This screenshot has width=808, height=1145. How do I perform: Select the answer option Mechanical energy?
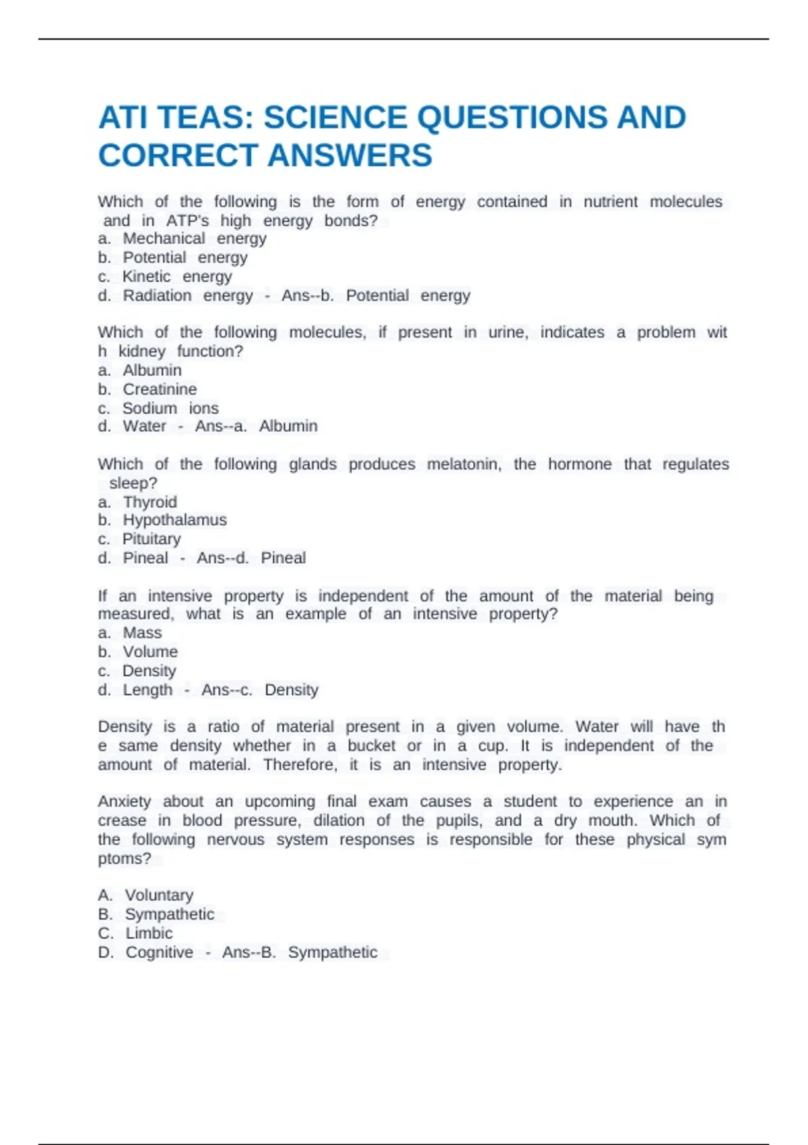(x=194, y=238)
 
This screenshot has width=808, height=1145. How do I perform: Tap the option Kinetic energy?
(x=176, y=276)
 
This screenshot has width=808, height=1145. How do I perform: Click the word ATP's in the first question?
(x=187, y=220)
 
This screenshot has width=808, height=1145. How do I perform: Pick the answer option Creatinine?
(x=160, y=389)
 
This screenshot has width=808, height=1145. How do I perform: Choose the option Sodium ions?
(x=170, y=408)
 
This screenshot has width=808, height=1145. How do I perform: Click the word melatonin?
(x=465, y=464)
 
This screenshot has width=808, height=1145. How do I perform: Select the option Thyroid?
(x=149, y=502)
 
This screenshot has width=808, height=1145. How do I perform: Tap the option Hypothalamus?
(x=174, y=520)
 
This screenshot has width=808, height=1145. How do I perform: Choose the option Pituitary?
(x=151, y=539)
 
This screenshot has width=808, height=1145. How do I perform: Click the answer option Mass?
(x=142, y=632)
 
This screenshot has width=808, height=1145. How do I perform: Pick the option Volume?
(x=150, y=651)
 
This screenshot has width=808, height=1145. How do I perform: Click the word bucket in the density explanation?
(x=371, y=746)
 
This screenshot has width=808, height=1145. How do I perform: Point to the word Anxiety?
(x=125, y=802)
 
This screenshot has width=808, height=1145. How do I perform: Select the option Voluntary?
(x=159, y=895)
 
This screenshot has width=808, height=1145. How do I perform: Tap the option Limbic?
(x=149, y=933)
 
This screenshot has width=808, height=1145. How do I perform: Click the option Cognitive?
(x=159, y=952)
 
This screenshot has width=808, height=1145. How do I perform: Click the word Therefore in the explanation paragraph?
(x=300, y=764)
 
